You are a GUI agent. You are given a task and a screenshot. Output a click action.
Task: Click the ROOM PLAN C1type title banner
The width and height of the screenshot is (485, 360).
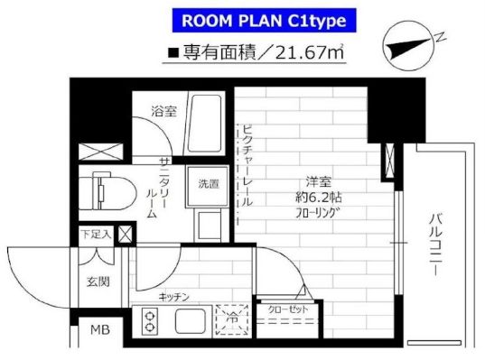pyautogui.click(x=264, y=21)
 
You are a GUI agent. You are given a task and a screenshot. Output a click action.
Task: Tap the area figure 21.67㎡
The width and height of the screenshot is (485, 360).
pyautogui.click(x=309, y=53)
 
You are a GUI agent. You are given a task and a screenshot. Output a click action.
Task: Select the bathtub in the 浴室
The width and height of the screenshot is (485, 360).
pyautogui.click(x=205, y=124)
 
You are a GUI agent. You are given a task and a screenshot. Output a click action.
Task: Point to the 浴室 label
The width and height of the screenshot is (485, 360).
pyautogui.click(x=164, y=111)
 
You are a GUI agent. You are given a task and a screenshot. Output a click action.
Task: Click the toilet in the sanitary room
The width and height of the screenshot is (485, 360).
pyautogui.click(x=107, y=191)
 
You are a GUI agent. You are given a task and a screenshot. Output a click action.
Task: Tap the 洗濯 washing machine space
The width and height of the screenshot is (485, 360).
pyautogui.click(x=208, y=184)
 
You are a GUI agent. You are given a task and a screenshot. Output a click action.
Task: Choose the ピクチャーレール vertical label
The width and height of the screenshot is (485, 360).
pyautogui.click(x=247, y=166)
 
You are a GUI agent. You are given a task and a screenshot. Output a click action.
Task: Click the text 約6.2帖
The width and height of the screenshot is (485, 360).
pyautogui.click(x=318, y=198)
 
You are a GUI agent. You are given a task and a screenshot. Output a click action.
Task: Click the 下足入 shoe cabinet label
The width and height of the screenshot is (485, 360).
pyautogui.click(x=96, y=235)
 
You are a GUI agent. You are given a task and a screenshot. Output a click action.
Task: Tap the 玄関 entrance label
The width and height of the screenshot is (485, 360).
pyautogui.click(x=98, y=282)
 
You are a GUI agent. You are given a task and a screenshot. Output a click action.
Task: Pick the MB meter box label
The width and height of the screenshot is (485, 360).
pyautogui.click(x=100, y=330)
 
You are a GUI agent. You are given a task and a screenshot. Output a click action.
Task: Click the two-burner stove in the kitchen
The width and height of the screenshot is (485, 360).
pyautogui.click(x=150, y=321)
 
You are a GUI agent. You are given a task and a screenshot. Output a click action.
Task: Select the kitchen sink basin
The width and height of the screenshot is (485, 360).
pyautogui.click(x=191, y=321)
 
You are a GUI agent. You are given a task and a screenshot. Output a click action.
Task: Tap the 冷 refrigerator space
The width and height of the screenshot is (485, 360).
pyautogui.click(x=232, y=319)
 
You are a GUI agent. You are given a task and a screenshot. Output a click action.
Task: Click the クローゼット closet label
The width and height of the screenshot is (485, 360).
pyautogui.click(x=288, y=309)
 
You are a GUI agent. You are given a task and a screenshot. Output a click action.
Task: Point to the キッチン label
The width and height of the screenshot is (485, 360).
pyautogui.click(x=173, y=297)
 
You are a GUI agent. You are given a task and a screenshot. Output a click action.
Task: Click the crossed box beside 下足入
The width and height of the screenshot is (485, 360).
pyautogui.click(x=126, y=235)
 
